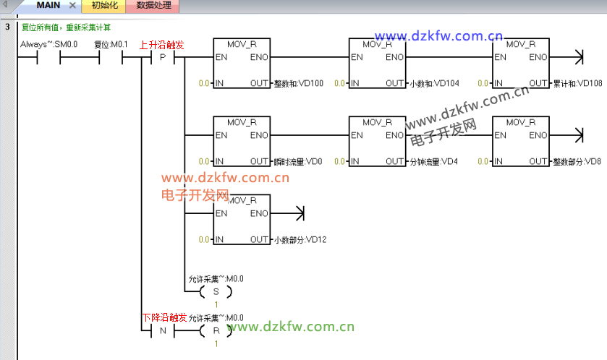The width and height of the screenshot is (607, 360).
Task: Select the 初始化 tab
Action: point(104,6)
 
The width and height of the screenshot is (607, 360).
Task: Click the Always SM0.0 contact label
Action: point(48,45)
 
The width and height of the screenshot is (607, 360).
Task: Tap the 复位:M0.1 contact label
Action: point(111,45)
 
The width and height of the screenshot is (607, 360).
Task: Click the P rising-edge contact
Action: point(162,58)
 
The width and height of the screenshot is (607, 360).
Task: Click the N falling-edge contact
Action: point(162,330)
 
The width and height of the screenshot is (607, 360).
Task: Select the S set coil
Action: point(215,291)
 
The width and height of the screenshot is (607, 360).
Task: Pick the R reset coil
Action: point(215,330)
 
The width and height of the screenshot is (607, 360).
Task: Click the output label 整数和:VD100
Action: point(299,84)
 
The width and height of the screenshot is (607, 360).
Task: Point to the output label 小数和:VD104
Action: point(434,84)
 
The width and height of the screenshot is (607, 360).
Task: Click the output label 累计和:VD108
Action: point(577,84)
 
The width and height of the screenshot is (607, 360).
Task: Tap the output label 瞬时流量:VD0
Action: point(298,161)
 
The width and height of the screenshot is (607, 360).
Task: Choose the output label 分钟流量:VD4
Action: point(433,161)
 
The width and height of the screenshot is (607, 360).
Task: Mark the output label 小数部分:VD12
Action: point(300,239)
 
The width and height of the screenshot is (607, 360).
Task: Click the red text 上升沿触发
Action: point(162,45)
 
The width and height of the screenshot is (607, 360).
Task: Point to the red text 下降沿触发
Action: point(164,317)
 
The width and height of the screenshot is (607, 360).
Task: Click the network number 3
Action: point(7,27)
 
